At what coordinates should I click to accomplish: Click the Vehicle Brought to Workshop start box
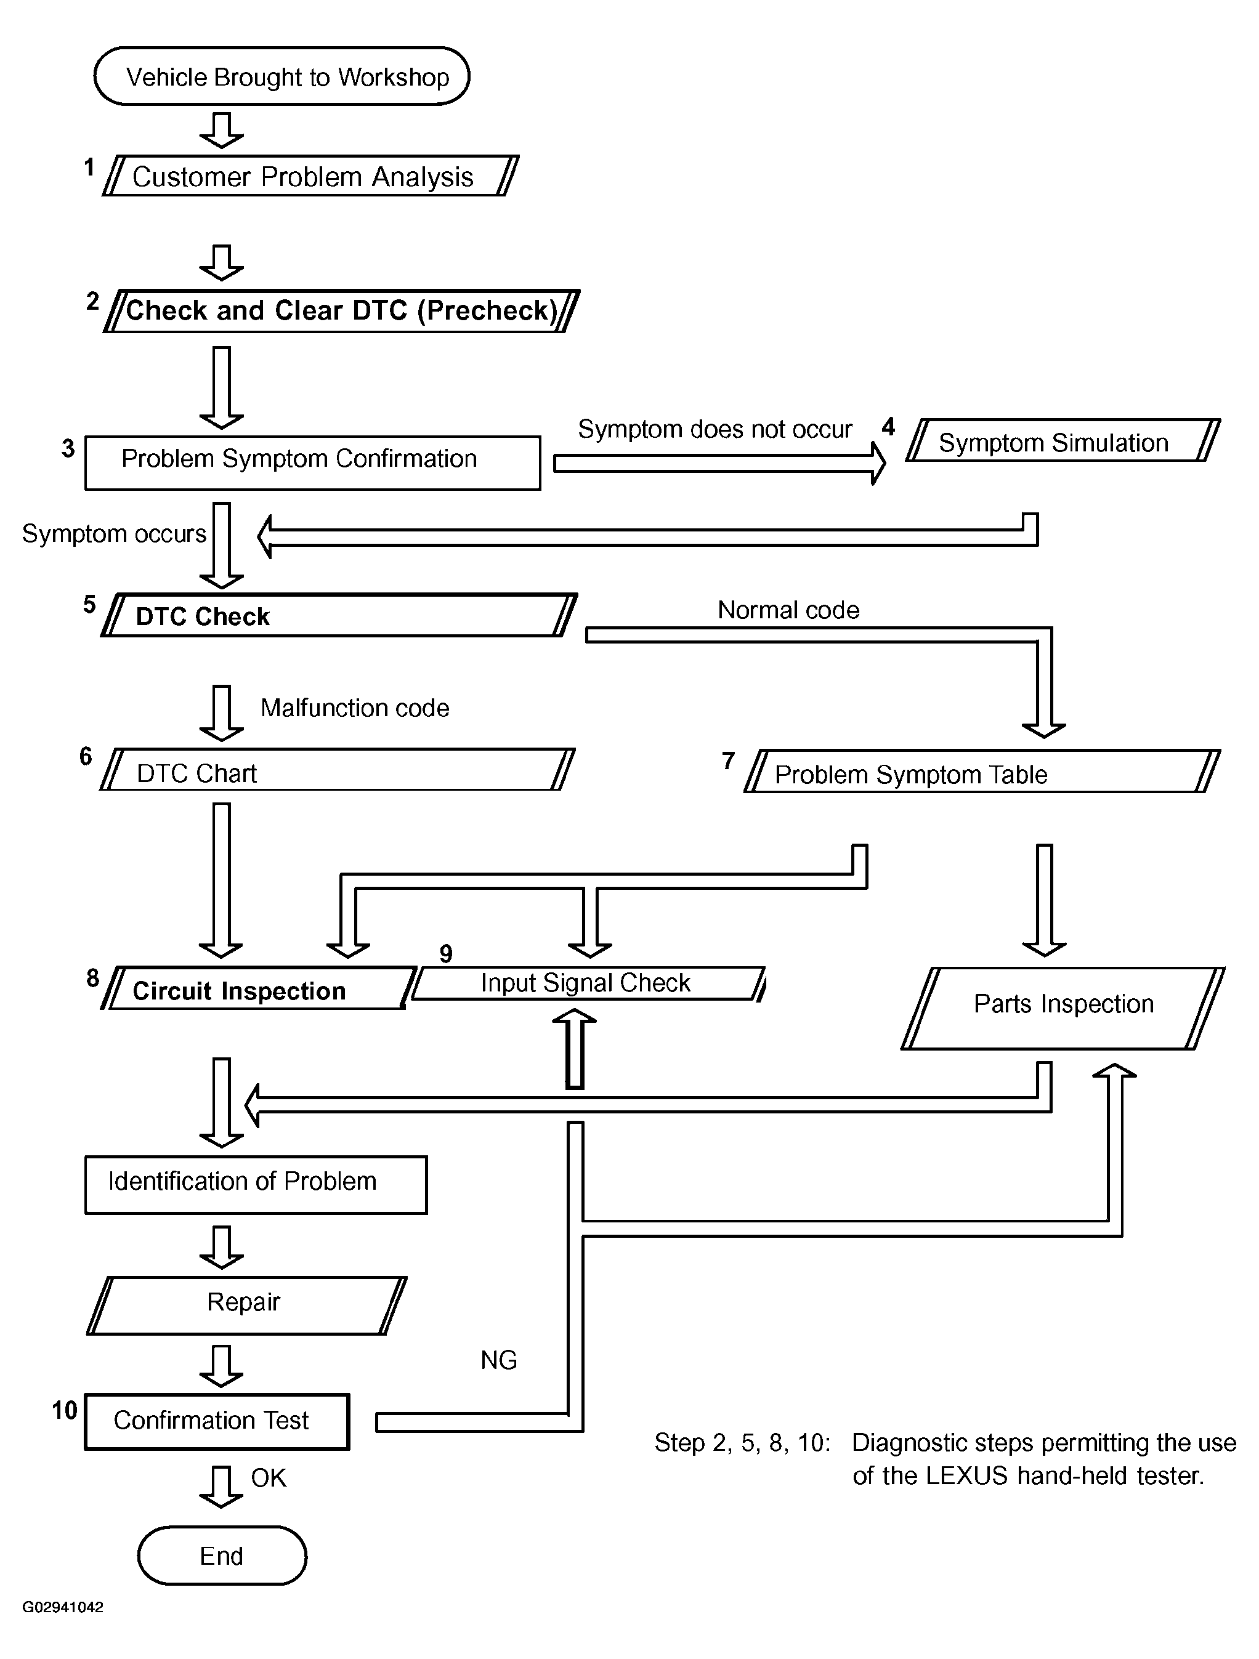point(281,76)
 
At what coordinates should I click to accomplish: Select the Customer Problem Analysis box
point(310,176)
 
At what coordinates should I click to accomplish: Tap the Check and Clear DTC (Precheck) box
point(341,310)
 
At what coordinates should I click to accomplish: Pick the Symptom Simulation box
point(1062,441)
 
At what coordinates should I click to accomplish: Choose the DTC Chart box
point(337,770)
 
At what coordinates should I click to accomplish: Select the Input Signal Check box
point(588,983)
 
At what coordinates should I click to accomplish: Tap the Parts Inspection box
point(1063,1007)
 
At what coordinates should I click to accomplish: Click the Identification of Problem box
point(256,1184)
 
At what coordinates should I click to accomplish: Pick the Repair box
point(246,1305)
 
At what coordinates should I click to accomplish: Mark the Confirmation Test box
point(217,1421)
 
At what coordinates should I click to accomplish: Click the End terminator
point(222,1556)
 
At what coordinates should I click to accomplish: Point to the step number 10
point(65,1411)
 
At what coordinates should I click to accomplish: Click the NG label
point(498,1360)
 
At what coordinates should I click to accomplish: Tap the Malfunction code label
point(355,708)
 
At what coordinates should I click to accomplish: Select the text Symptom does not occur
point(715,429)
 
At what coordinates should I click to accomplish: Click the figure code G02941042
point(63,1607)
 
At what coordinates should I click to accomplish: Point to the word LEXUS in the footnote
point(966,1475)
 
